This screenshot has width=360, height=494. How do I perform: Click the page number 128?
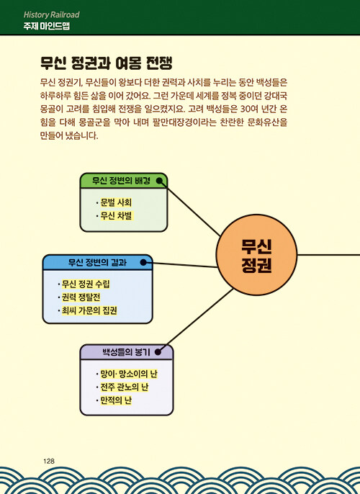(49, 461)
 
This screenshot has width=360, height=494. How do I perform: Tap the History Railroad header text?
(51, 14)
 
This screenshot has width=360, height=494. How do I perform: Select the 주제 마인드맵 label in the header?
(46, 26)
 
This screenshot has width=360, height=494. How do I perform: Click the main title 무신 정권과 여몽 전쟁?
(107, 63)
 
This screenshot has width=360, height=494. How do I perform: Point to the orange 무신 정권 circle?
(256, 255)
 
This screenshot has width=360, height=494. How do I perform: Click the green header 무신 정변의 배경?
(121, 181)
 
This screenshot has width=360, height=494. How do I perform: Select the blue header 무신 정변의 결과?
(97, 262)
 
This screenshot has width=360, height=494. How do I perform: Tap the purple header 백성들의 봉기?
(126, 352)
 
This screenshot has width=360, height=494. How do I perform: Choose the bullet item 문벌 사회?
(116, 202)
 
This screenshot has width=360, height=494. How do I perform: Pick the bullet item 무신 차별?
(116, 216)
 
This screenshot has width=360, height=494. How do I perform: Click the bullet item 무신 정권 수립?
(86, 284)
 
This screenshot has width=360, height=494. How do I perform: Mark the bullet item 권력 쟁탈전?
(81, 297)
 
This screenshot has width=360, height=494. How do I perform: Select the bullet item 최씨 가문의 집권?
(89, 310)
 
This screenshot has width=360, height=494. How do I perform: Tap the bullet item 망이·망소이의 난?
(129, 374)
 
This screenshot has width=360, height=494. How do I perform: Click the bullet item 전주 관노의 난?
(124, 387)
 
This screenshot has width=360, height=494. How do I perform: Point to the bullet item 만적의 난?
(116, 400)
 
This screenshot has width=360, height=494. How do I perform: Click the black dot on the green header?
(160, 181)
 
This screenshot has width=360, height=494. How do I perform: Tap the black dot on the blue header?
(143, 262)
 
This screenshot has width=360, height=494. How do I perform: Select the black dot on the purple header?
(158, 352)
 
